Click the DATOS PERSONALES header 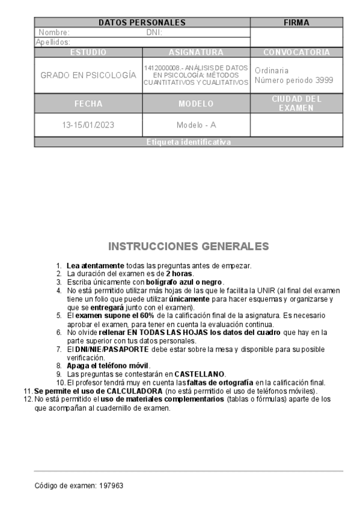pos(142,23)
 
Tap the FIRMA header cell pos(296,23)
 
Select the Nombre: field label pos(54,32)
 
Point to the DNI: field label pos(154,32)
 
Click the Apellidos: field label pos(53,42)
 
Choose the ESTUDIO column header pos(88,52)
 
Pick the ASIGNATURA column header pos(196,52)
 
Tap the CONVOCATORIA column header pos(296,52)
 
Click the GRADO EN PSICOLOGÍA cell pos(88,75)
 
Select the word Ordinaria pos(272,70)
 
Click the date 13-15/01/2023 pos(88,126)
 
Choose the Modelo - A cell pos(196,126)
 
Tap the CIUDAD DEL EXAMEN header pos(296,103)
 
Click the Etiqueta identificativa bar pos(188,143)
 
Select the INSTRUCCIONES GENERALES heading pos(188,247)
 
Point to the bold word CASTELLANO pos(200,373)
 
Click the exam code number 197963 pos(111,485)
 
